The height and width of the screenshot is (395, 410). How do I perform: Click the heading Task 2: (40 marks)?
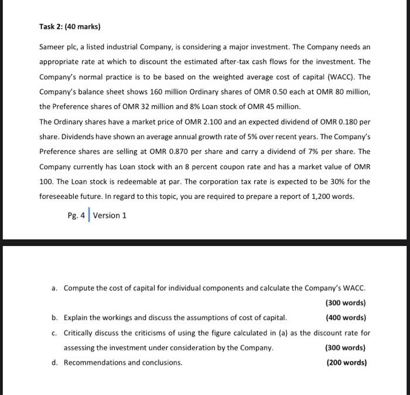point(70,26)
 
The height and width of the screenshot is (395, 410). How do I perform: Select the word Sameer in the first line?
point(52,46)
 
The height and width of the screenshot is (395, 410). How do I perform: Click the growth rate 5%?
point(221,136)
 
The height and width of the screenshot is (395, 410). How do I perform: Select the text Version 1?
point(110,215)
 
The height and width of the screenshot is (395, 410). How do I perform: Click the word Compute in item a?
point(80,288)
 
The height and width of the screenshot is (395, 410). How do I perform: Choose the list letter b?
point(54,318)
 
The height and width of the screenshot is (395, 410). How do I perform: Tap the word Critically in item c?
point(81,333)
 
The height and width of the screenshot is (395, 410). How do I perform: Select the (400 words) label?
point(346,318)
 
